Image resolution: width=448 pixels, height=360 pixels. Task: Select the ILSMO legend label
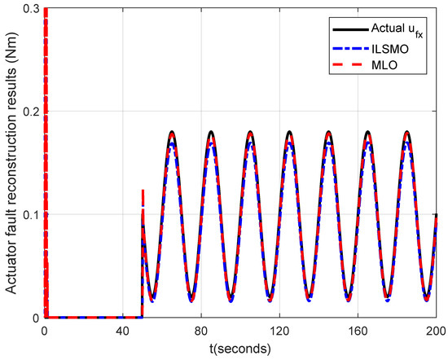(393, 47)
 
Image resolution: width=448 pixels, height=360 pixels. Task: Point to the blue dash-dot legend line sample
(348, 47)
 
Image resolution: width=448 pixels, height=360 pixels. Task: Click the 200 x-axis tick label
(435, 331)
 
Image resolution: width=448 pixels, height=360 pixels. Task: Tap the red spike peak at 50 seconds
(143, 191)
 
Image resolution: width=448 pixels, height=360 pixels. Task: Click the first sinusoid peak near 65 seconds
(172, 132)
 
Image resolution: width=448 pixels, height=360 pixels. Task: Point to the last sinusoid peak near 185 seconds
(407, 132)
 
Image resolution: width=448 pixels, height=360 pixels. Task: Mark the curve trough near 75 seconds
(191, 300)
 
